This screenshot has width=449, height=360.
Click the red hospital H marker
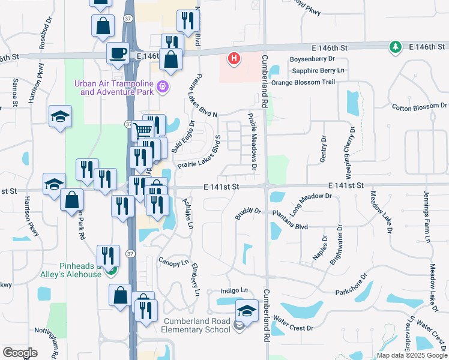point(234,59)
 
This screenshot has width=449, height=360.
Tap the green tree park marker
point(395,46)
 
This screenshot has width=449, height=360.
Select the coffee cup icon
point(118,52)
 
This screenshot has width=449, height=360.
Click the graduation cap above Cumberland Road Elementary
point(246,311)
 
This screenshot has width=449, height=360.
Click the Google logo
point(20,353)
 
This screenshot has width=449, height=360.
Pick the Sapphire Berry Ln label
point(318,71)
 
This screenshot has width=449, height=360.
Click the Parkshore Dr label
point(349,286)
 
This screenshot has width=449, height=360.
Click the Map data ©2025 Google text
point(411,355)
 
